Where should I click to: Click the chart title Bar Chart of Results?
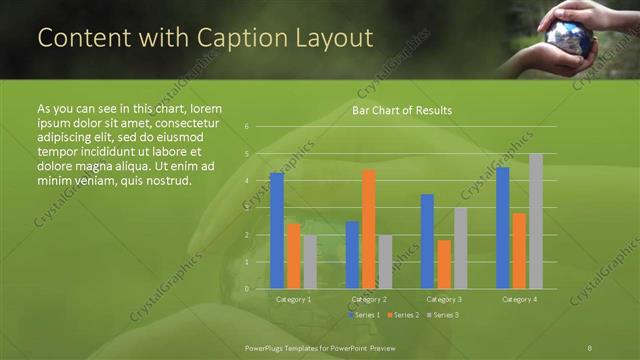pos(401,110)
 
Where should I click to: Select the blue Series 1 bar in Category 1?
pos(277,231)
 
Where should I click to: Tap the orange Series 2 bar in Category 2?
pos(369,229)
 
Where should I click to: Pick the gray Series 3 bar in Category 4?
pos(536,221)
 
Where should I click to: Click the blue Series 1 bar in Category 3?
pos(427,241)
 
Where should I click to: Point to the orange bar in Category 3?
pos(444,264)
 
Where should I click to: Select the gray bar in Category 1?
pos(310,262)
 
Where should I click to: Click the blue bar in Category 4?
pos(502,228)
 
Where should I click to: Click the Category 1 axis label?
pos(293,299)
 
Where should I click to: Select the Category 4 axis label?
pos(519,299)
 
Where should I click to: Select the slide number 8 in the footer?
pos(590,346)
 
